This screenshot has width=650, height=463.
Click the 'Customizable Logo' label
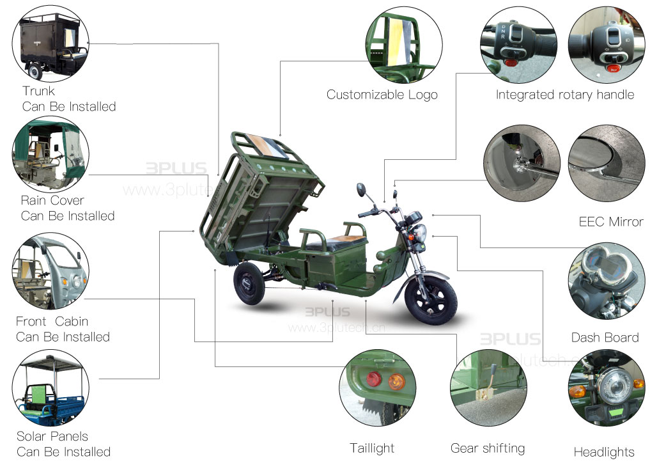pyautogui.click(x=382, y=95)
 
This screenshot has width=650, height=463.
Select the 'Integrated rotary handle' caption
pyautogui.click(x=565, y=95)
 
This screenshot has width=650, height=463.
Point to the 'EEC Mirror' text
pyautogui.click(x=610, y=222)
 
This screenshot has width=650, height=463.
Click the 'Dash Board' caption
pyautogui.click(x=605, y=337)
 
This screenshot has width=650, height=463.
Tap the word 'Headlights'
pyautogui.click(x=604, y=452)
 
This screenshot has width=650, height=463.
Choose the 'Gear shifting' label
pyautogui.click(x=488, y=448)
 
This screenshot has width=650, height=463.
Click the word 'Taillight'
pyautogui.click(x=372, y=448)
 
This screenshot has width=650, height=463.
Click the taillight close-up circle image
pyautogui.click(x=377, y=388)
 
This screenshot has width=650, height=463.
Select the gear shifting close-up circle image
pyautogui.click(x=488, y=388)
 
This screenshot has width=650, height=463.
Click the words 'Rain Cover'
pyautogui.click(x=52, y=201)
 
